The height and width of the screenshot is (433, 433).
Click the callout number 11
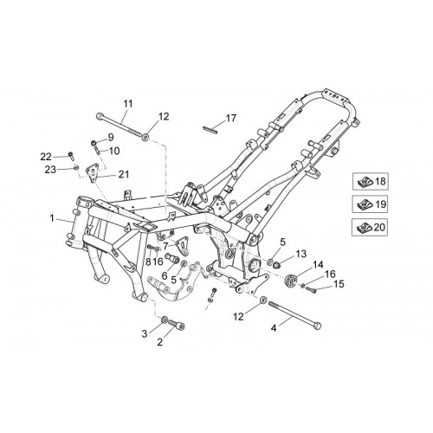[x=128, y=104]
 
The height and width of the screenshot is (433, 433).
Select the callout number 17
[x=231, y=118]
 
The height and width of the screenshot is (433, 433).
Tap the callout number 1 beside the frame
[x=52, y=218]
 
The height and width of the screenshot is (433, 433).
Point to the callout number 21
[x=124, y=174]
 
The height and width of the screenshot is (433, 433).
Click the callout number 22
[x=46, y=157]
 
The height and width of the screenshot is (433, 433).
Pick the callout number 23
[x=50, y=170]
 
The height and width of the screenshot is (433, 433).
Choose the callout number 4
[x=274, y=328]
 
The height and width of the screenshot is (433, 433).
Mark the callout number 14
[x=318, y=265]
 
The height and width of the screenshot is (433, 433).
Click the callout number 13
[x=301, y=254]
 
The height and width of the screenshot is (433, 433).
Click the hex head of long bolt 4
[x=317, y=326]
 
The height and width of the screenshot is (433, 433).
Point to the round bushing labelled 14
[x=290, y=281]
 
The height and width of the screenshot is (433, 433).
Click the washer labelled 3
[x=165, y=320]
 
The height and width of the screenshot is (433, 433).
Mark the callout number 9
[x=111, y=137]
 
